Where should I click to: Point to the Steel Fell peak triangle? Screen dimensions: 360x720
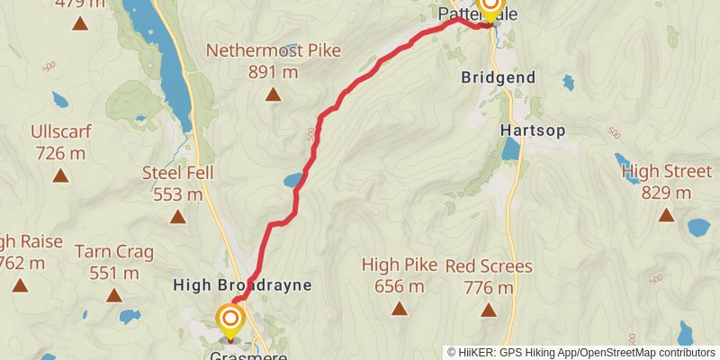178,216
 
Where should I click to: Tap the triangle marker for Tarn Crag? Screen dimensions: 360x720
113,294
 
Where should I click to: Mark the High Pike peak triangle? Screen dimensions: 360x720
399,309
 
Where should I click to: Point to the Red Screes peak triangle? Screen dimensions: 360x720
489,310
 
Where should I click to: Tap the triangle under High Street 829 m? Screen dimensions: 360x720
666,214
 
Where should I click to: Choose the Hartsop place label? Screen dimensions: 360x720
533,130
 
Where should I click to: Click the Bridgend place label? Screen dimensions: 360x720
498,77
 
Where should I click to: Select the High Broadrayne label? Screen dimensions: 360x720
242,285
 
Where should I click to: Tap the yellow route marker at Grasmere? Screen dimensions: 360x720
230,320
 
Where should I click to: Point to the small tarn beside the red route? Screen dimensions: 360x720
293,180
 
